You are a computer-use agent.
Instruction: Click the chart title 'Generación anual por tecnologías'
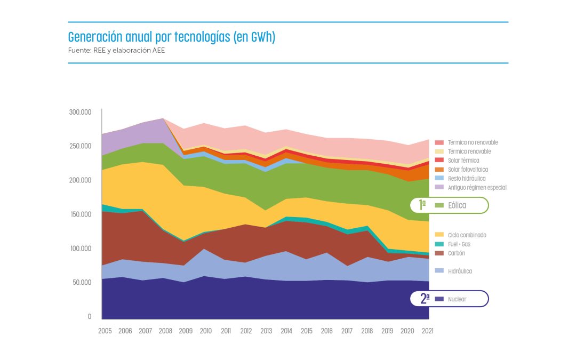tap(171, 38)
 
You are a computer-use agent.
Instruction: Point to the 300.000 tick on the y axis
tap(80, 112)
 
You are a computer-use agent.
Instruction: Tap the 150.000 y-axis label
tap(80, 214)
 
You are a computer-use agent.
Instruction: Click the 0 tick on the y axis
tap(89, 317)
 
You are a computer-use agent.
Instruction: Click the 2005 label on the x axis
tap(105, 331)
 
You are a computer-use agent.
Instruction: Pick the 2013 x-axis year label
tap(266, 331)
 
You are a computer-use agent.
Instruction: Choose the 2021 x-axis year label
tap(427, 331)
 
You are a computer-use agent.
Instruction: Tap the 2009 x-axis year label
tap(186, 331)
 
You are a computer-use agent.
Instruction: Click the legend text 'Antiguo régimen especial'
tap(477, 188)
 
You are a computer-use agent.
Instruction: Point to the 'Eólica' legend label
tap(457, 205)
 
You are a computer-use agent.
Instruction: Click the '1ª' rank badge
tap(422, 204)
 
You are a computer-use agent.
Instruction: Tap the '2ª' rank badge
tap(425, 299)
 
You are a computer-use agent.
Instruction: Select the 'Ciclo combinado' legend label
tap(467, 235)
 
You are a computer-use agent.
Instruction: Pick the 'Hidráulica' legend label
tap(460, 271)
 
